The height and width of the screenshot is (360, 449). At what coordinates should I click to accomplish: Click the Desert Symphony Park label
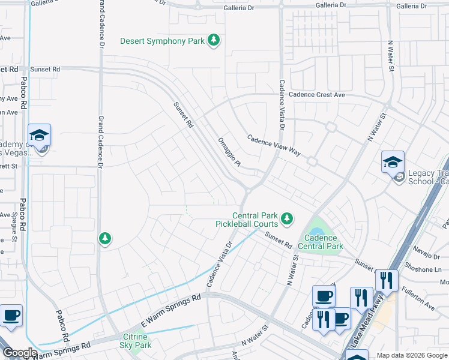coord(162,41)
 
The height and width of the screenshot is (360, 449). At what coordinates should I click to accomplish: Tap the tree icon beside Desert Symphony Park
coord(213,41)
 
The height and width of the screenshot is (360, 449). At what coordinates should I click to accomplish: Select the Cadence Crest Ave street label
coord(316,95)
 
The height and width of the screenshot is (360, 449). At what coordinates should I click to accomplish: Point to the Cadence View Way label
coord(274,145)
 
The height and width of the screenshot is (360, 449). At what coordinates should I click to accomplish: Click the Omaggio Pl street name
coord(229,151)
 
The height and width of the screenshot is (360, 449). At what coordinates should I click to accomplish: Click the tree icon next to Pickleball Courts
coord(288,217)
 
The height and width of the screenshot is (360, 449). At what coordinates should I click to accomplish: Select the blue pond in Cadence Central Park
coord(317,231)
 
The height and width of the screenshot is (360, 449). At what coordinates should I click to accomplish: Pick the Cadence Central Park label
coord(319,242)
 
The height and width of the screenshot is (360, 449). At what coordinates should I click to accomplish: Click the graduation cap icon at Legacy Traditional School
coord(393,161)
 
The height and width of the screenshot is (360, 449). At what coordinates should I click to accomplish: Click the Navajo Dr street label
coord(427,256)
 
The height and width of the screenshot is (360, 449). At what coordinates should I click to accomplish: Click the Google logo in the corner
coord(19,353)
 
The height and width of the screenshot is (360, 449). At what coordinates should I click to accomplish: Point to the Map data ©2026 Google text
coord(411,355)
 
